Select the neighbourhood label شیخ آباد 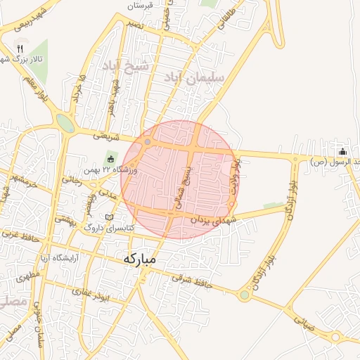(136, 67)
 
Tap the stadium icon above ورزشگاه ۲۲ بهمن (110, 157)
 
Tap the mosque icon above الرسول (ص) (342, 152)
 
